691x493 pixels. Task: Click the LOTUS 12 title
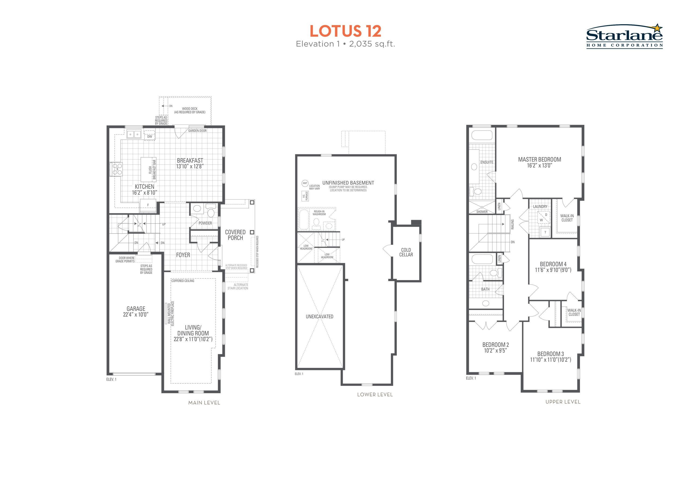click(x=345, y=31)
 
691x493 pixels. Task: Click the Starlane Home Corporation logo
click(x=624, y=36)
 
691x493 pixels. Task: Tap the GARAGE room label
click(x=136, y=309)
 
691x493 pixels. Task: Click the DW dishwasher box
click(x=150, y=135)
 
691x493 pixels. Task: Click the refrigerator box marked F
click(x=148, y=205)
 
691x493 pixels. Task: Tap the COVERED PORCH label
click(x=235, y=235)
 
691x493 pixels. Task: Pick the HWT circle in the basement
click(x=305, y=183)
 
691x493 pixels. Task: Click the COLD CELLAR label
click(x=406, y=252)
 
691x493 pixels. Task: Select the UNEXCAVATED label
click(x=320, y=317)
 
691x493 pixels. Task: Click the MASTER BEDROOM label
click(x=539, y=159)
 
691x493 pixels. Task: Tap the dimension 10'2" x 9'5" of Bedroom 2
click(x=496, y=351)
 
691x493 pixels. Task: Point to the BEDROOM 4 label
click(x=553, y=264)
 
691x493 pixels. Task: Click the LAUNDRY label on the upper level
click(x=540, y=206)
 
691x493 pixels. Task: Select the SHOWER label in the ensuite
click(x=482, y=212)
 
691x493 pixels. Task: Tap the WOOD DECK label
click(x=190, y=109)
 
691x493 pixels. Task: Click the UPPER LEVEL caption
click(x=563, y=402)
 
